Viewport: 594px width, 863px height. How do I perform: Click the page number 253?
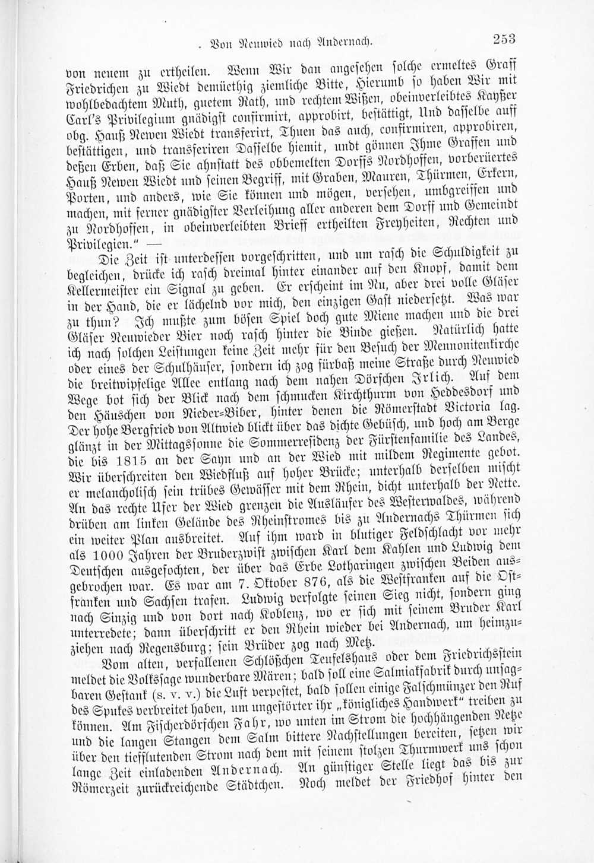click(x=503, y=39)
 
